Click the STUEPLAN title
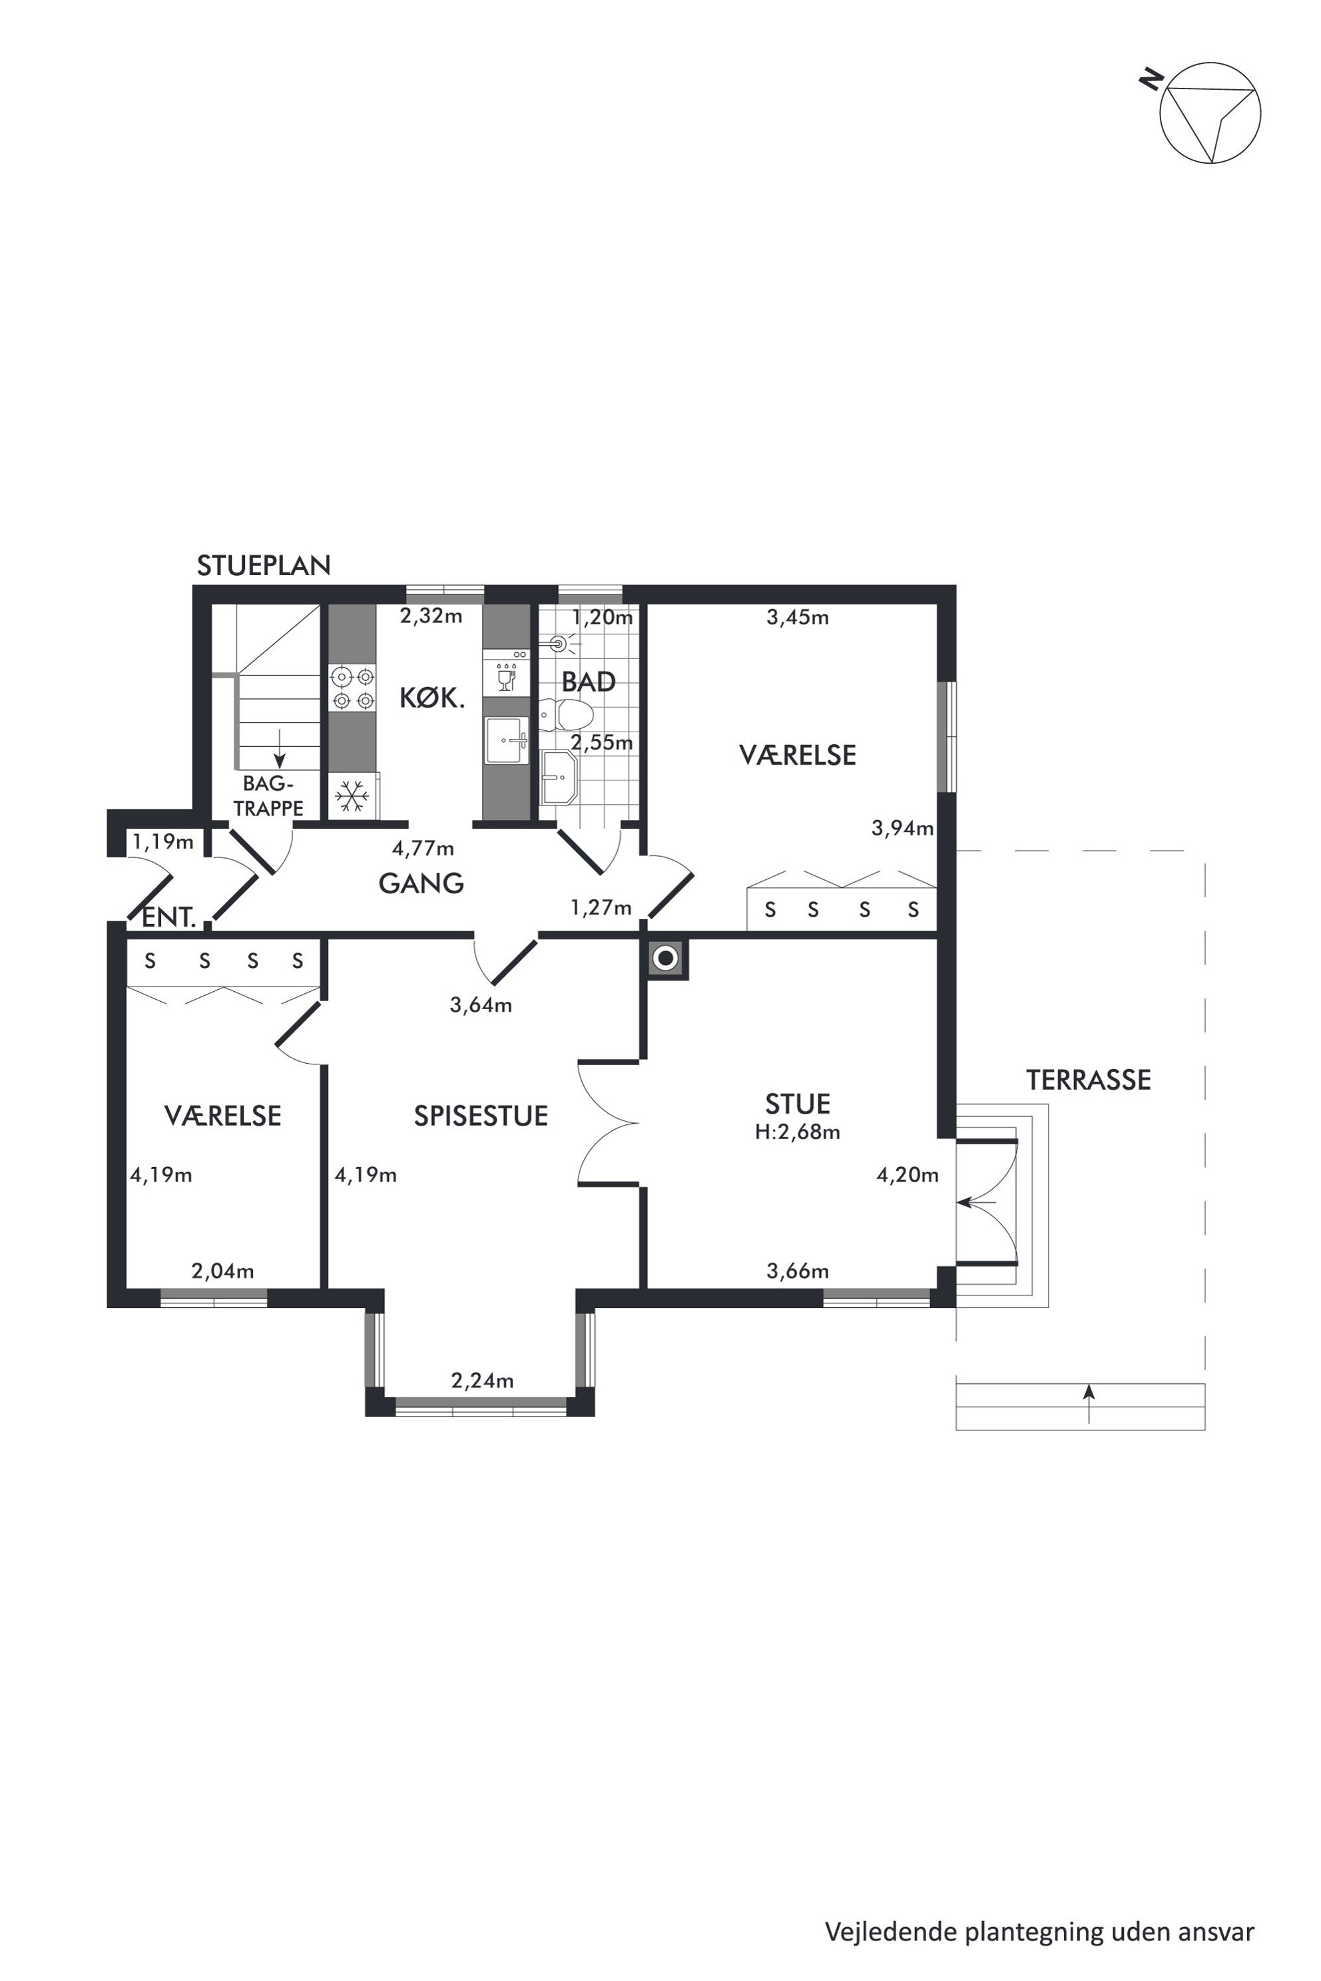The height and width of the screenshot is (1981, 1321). coord(264,565)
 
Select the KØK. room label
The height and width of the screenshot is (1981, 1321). coord(431,698)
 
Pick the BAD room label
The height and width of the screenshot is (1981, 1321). coord(588,682)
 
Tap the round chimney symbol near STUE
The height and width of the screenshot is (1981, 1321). coord(666,959)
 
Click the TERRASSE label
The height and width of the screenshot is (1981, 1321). coord(1089,1080)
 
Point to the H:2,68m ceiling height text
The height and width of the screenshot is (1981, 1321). coord(797,1133)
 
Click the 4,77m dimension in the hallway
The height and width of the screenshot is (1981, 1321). coord(423,848)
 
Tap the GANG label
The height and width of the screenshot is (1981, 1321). coord(421,883)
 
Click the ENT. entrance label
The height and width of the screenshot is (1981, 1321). coord(168,918)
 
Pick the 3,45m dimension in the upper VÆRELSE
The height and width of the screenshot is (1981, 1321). coord(797,617)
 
